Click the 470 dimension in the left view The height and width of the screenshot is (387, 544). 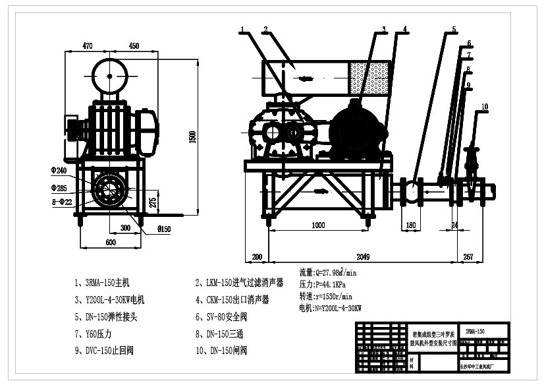(87, 45)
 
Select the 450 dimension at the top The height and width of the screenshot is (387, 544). (134, 45)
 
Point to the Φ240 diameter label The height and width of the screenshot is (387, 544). (59, 171)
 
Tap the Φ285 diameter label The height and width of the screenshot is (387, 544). (59, 188)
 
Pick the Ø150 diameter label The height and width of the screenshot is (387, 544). (164, 229)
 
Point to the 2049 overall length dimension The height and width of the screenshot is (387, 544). (363, 256)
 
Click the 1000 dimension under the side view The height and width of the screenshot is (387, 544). (317, 225)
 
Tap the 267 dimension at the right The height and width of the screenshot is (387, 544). (468, 256)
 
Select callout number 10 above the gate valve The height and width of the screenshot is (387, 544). (484, 106)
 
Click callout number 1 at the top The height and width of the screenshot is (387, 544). (242, 30)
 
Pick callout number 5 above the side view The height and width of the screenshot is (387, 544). (454, 30)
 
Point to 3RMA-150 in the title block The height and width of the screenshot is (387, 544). (475, 331)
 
